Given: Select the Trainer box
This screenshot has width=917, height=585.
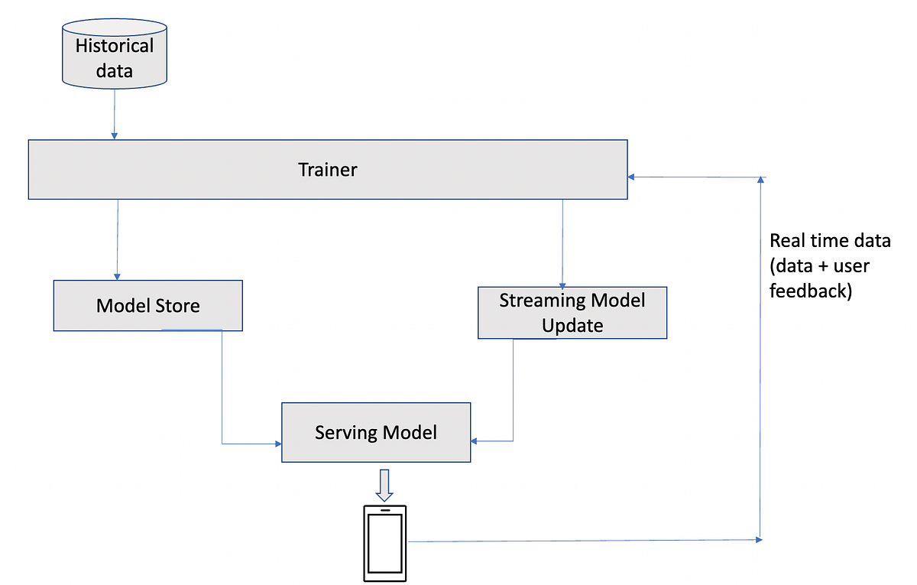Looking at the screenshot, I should coord(327,170).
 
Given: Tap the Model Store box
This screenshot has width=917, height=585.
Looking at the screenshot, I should coord(147,306).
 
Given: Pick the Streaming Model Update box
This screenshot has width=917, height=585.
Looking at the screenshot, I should coord(572,313).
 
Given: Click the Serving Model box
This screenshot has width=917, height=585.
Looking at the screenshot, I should coord(376,433).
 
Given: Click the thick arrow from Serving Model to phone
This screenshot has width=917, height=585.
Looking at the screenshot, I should coord(384,483).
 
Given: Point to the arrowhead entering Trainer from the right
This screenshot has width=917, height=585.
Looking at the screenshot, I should coord(631,177).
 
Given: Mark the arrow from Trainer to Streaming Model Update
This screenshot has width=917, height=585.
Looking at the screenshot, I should coord(562,243).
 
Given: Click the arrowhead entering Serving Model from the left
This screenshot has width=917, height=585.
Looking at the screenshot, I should coord(277,444).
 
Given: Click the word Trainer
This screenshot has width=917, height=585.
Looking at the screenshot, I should coord(327,170).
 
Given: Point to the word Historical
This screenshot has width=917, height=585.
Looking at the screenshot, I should coord(114,46).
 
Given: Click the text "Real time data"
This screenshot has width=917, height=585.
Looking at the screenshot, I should coord(830,241).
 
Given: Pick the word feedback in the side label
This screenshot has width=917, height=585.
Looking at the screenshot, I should coord(810,291).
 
